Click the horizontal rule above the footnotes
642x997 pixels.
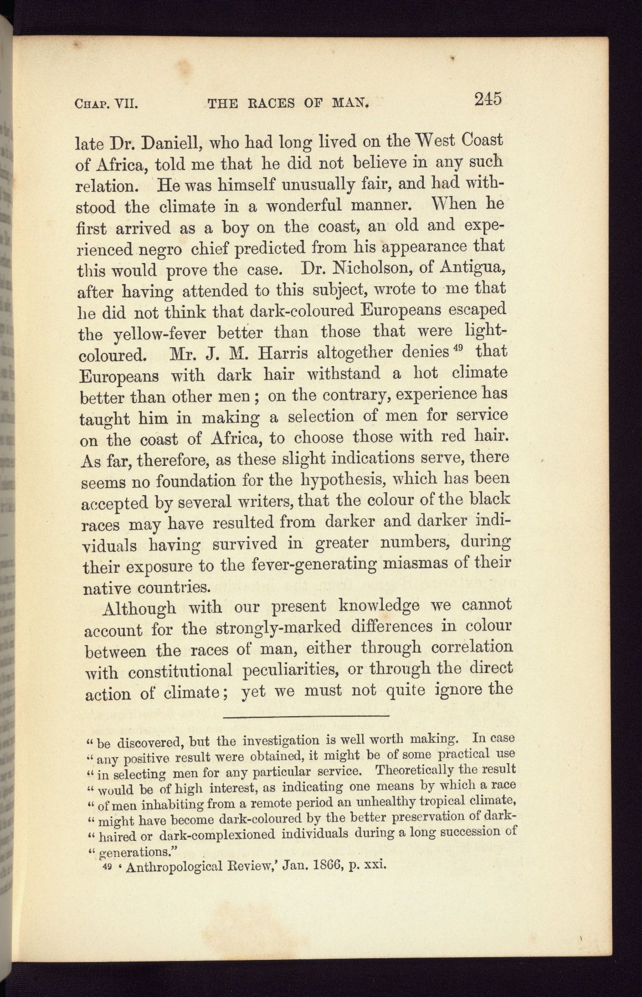pyautogui.click(x=306, y=718)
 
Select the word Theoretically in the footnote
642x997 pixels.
pyautogui.click(x=413, y=770)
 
